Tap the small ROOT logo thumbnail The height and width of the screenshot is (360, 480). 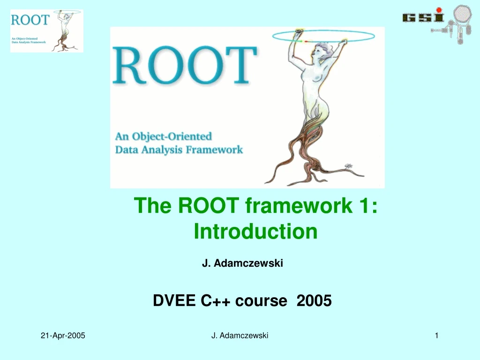click(46, 31)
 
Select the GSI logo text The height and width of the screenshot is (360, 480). click(423, 17)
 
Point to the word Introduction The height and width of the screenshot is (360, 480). click(255, 231)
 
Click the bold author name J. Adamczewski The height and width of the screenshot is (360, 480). click(242, 264)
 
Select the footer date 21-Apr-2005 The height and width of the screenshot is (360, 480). click(63, 335)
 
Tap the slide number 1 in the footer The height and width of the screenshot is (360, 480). click(436, 335)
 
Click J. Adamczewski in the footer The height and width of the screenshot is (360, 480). click(240, 335)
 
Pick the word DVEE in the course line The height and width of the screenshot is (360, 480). click(174, 300)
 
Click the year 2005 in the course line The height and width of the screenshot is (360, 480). click(314, 300)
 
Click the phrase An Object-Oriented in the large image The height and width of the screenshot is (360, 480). click(164, 136)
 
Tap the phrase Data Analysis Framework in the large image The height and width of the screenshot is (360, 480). click(179, 150)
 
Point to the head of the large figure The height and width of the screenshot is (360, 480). click(324, 50)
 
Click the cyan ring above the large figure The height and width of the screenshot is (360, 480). click(323, 35)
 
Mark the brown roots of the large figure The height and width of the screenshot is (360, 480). click(312, 159)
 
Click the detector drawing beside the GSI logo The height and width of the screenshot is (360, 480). click(455, 26)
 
